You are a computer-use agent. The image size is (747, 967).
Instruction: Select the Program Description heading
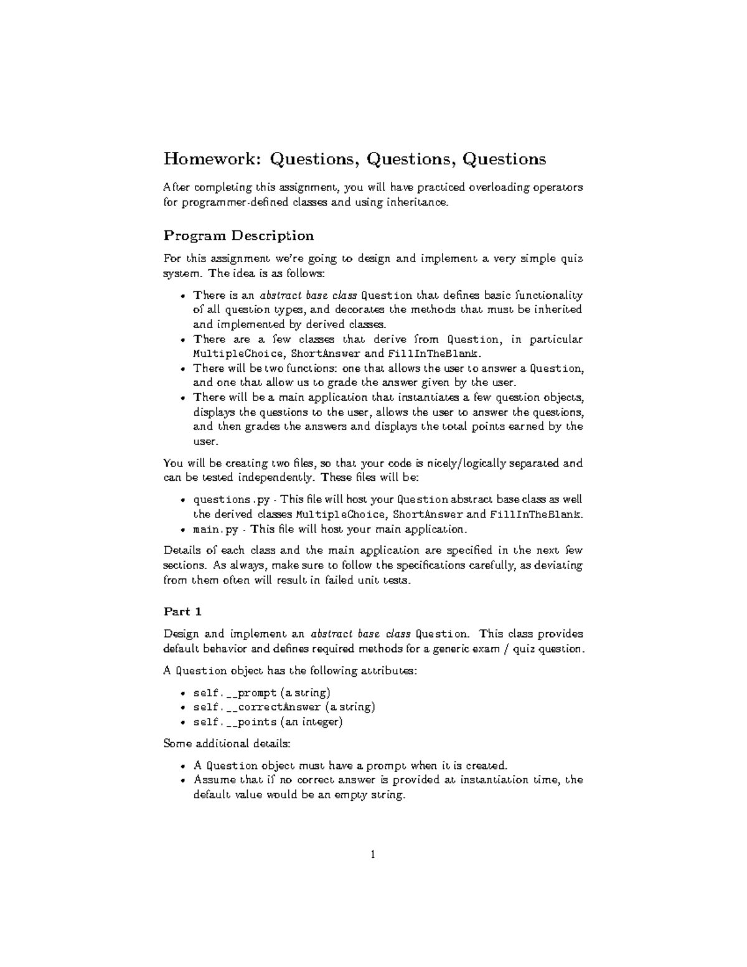click(x=238, y=235)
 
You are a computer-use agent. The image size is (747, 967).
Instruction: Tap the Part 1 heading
click(x=182, y=611)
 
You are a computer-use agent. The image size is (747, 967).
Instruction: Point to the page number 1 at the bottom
click(x=373, y=855)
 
